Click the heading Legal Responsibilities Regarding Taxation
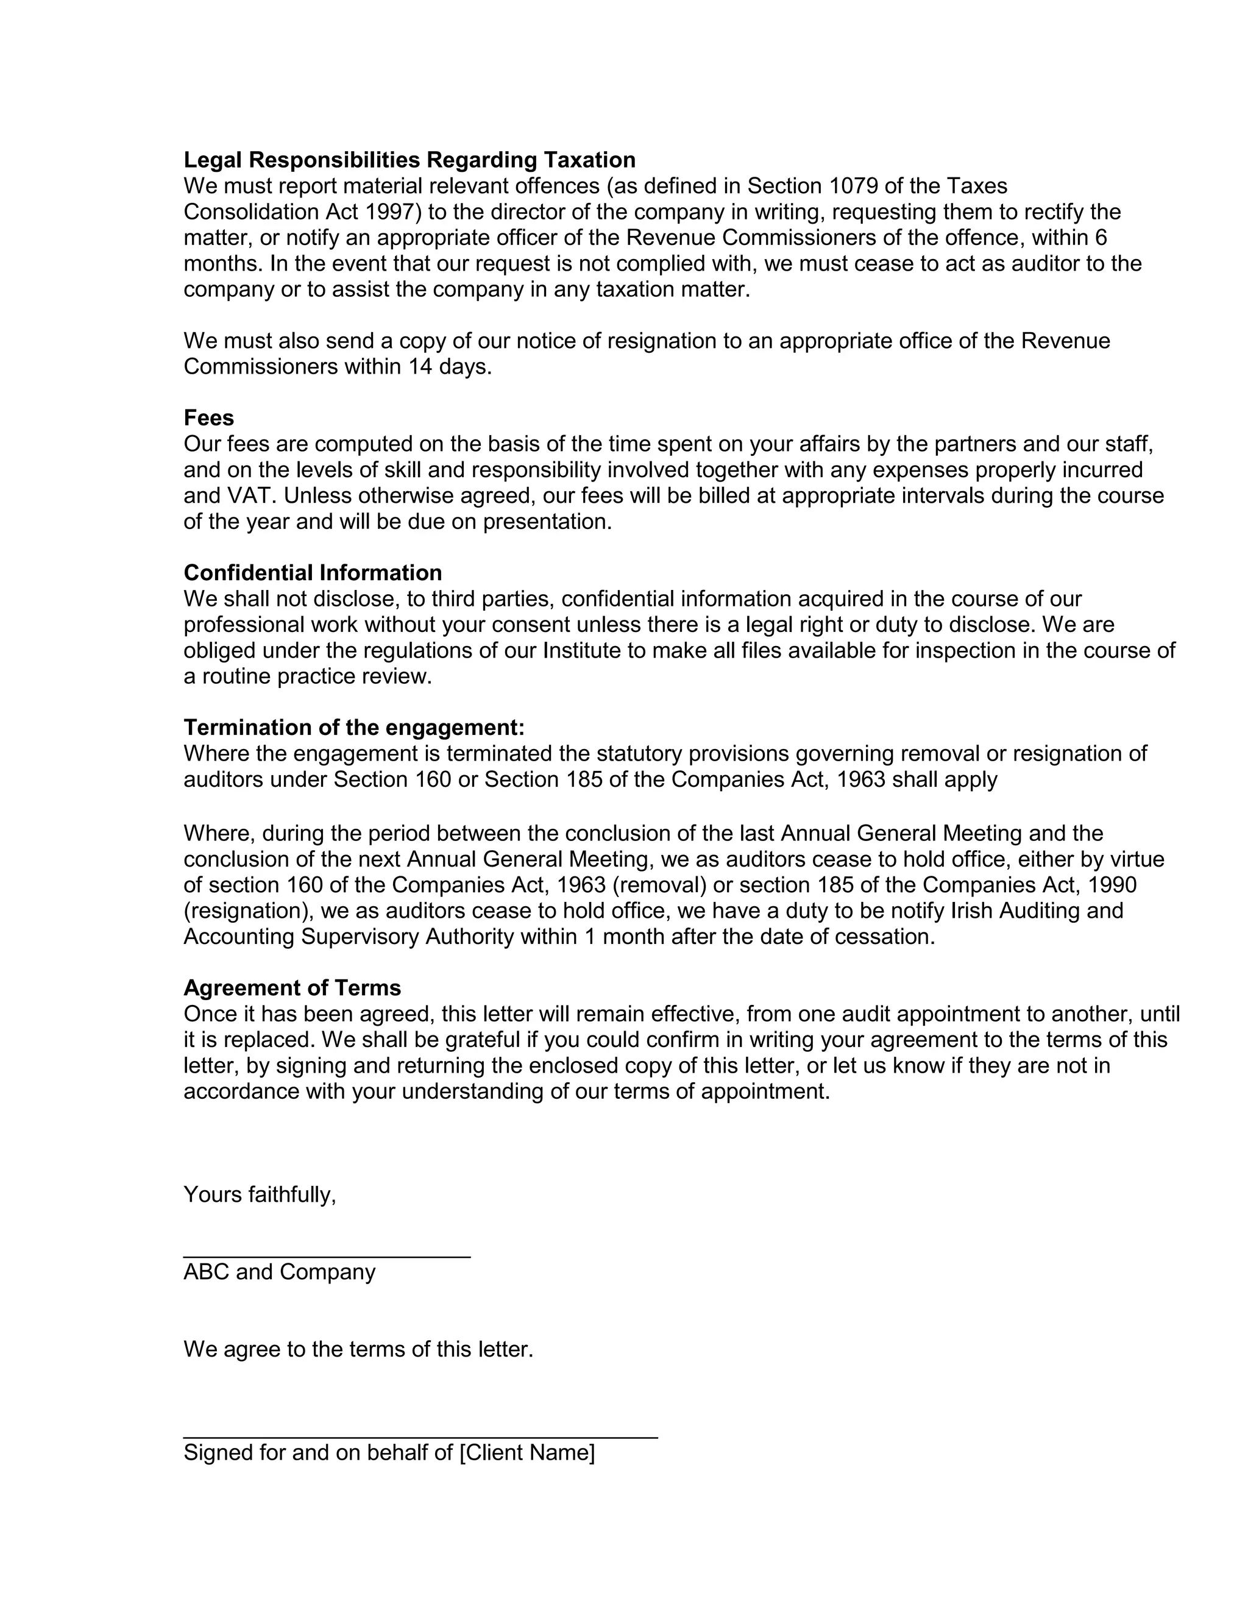(x=409, y=160)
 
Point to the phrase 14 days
(x=450, y=367)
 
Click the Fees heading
(x=208, y=419)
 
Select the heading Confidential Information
(x=313, y=573)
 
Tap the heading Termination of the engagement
(x=353, y=728)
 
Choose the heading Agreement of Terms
(x=292, y=988)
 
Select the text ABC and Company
(x=280, y=1272)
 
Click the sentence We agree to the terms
(x=358, y=1349)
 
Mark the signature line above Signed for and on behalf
(x=420, y=1438)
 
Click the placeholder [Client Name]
(x=526, y=1453)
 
